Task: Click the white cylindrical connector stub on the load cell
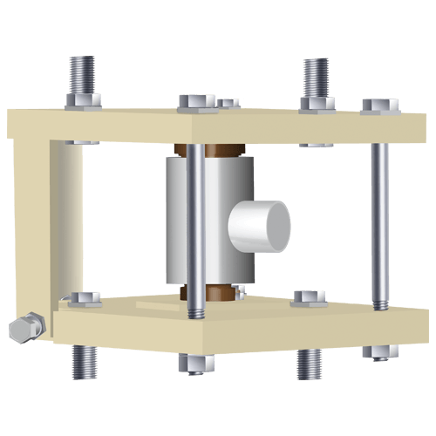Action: pos(259,225)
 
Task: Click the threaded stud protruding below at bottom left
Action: pos(84,361)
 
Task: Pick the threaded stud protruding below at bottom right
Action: pos(309,364)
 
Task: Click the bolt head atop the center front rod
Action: pos(196,102)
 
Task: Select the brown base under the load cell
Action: pos(218,295)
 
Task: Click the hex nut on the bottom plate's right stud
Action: pos(310,298)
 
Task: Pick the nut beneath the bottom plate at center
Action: pos(195,362)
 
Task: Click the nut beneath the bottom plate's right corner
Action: pos(380,351)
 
